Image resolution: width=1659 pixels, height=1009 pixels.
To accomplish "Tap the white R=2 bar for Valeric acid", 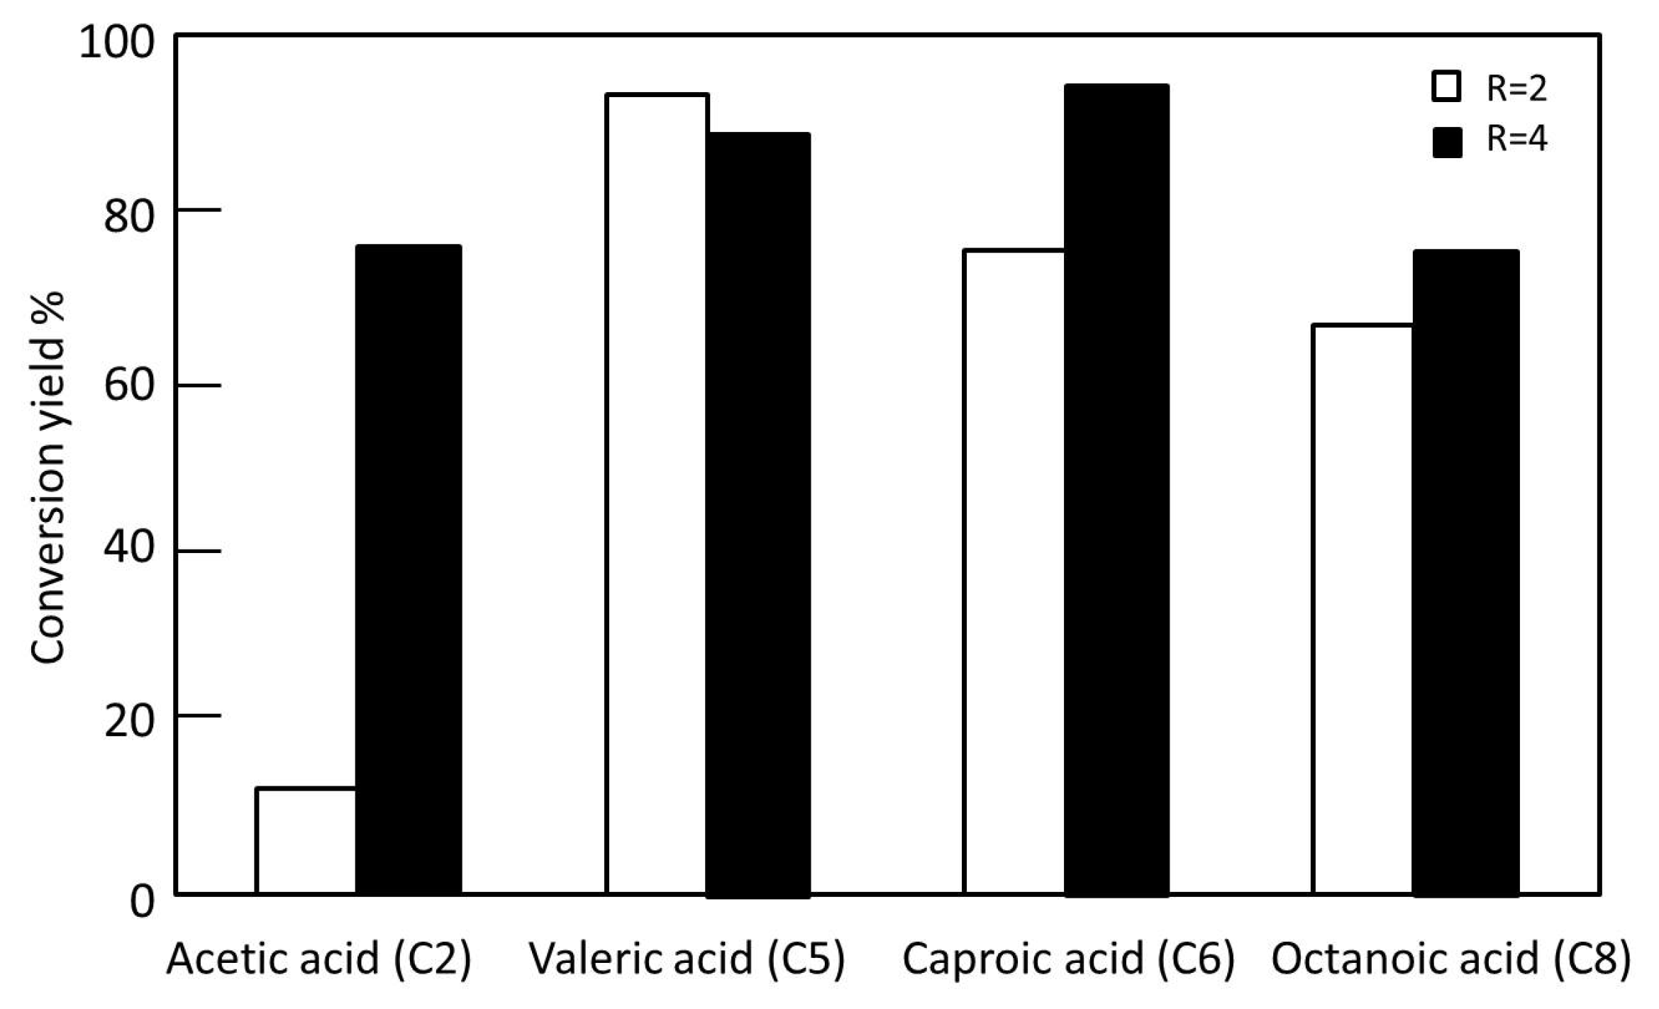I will (657, 494).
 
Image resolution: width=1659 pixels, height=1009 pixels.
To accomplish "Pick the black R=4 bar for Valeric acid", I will (758, 513).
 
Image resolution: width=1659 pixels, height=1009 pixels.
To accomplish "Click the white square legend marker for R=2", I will (1446, 87).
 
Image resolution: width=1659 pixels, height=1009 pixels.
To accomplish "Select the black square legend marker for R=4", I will (1446, 142).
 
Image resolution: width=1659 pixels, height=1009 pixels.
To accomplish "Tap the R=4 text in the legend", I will (1516, 139).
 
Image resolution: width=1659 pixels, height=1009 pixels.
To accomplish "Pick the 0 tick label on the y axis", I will (142, 902).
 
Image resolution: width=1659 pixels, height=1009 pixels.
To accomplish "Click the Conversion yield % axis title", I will (48, 478).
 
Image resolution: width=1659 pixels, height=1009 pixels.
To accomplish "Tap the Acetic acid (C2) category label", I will (319, 959).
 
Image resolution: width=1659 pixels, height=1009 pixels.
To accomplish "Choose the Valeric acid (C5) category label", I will (687, 959).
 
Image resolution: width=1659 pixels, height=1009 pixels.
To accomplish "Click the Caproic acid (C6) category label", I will (1068, 959).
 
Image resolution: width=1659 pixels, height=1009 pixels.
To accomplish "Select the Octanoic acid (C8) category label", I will (1451, 959).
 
